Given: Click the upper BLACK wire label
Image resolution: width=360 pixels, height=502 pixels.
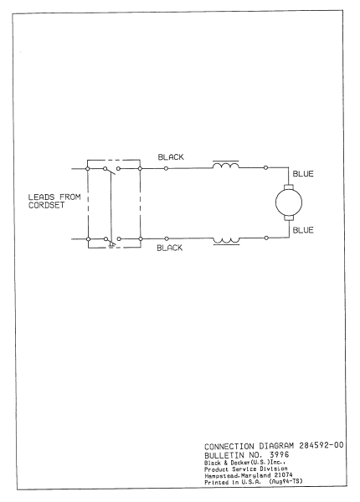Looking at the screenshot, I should (x=171, y=157).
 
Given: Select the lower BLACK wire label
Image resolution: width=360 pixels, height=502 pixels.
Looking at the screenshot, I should (x=171, y=248).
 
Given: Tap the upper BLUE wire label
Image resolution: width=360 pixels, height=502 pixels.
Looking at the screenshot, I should (x=302, y=175).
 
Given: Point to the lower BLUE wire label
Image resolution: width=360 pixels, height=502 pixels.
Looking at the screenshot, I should (x=302, y=231).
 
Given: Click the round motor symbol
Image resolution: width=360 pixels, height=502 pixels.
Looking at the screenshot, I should (x=287, y=202).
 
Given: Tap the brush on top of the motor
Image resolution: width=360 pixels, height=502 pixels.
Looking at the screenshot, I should (x=287, y=187).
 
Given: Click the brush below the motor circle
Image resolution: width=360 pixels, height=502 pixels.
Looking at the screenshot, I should (x=287, y=219).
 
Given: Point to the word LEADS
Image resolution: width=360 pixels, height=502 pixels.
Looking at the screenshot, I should (x=42, y=197).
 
